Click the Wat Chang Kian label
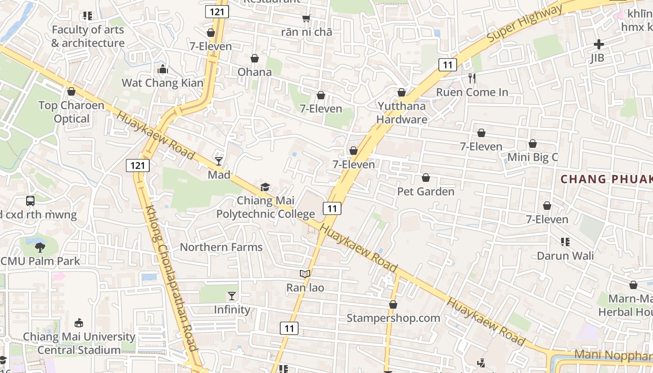(x=162, y=83)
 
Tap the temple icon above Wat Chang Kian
(x=163, y=69)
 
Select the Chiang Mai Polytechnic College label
(x=265, y=207)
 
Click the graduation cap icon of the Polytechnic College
(x=265, y=187)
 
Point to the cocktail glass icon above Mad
(x=219, y=161)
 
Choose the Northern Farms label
(x=221, y=247)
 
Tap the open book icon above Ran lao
(x=305, y=274)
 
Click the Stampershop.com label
(x=393, y=318)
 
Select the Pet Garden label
(x=425, y=191)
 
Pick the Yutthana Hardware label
(x=402, y=113)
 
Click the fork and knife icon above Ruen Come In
(x=472, y=78)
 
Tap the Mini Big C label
(x=532, y=157)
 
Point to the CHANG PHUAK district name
(x=606, y=179)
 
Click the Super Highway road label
(x=524, y=24)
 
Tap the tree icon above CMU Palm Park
(x=40, y=247)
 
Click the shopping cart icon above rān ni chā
(x=306, y=19)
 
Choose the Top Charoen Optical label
(x=71, y=112)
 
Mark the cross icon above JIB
(x=598, y=45)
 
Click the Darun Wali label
(x=565, y=256)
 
